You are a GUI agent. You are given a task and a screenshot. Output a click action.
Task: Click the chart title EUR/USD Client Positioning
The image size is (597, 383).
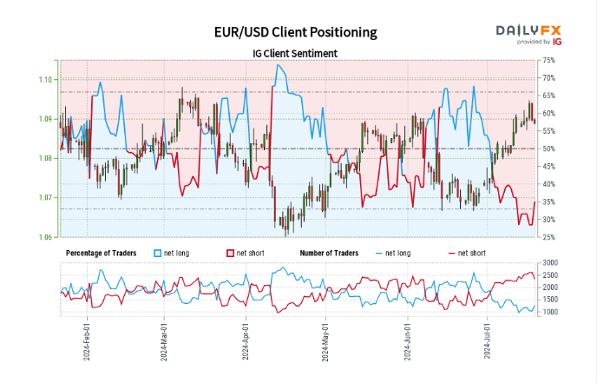click(x=296, y=32)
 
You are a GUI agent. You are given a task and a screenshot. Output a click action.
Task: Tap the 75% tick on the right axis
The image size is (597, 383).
click(x=548, y=60)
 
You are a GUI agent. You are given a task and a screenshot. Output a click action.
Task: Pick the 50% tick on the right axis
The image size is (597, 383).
click(x=548, y=149)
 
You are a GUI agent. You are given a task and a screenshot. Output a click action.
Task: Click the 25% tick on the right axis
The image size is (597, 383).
click(x=548, y=237)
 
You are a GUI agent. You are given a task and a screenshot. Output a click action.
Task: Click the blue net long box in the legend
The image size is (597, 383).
click(x=158, y=253)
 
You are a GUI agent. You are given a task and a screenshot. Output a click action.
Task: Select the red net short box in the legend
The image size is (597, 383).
click(x=231, y=253)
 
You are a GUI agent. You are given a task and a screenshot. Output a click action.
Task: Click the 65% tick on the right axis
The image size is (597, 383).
click(x=548, y=96)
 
